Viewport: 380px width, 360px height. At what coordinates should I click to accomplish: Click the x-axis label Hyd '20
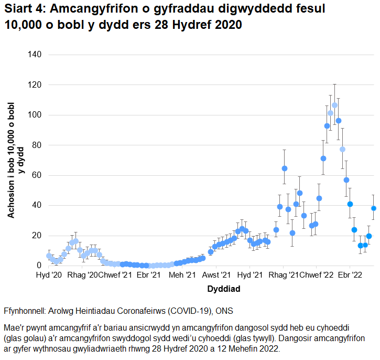[49, 275]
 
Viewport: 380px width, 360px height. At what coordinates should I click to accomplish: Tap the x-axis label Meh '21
[183, 275]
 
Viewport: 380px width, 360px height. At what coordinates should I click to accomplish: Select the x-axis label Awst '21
[216, 275]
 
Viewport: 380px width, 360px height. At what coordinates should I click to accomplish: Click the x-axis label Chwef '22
[316, 275]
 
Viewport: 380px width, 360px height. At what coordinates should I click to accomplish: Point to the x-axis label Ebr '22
[350, 275]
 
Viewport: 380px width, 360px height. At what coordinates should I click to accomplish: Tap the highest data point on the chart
[334, 105]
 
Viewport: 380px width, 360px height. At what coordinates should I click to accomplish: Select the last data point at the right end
[374, 208]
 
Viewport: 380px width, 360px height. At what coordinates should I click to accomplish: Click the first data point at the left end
[49, 256]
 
